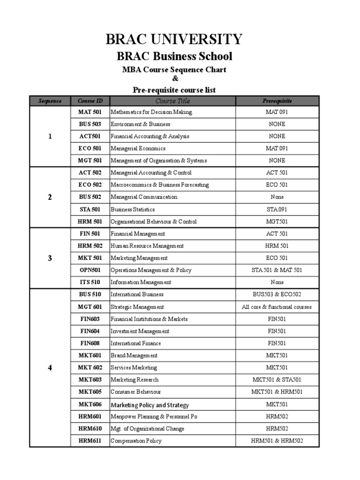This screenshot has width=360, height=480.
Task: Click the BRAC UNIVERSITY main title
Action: point(174,39)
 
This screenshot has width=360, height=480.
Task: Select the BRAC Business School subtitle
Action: point(174,57)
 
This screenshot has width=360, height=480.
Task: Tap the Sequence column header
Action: point(50,101)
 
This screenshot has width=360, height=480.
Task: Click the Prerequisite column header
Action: point(277,101)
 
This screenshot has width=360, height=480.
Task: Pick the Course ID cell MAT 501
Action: point(90,112)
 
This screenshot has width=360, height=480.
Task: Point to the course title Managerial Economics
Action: point(138,148)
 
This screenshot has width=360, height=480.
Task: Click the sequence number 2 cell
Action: point(50,197)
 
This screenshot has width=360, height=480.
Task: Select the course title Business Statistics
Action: point(133,209)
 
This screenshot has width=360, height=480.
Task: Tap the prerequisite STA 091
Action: point(277,209)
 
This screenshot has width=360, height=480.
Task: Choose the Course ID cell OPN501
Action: point(90,270)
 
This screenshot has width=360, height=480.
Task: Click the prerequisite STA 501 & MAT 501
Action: point(277,270)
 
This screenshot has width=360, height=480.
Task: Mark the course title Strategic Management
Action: point(137,307)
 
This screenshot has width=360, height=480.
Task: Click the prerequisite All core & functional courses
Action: point(277,307)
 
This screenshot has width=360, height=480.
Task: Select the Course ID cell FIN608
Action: point(90,343)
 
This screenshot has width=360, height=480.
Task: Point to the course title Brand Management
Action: point(134,355)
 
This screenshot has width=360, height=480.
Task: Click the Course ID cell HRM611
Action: point(90,441)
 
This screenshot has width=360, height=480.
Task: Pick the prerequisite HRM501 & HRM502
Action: point(277,441)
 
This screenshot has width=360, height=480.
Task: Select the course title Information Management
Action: point(141,282)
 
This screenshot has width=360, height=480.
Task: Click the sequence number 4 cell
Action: point(50,367)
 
